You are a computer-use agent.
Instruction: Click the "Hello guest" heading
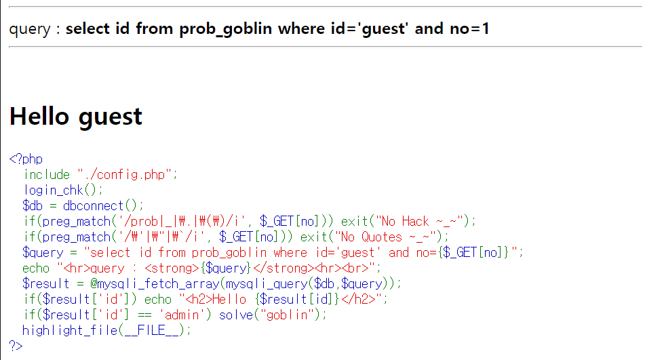(76, 117)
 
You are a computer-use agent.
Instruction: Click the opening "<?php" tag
(26, 159)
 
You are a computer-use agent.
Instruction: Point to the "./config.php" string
(126, 175)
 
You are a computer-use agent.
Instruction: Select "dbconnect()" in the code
(104, 206)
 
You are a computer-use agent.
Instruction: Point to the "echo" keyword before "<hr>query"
(36, 268)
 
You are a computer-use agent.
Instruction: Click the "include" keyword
(47, 175)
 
